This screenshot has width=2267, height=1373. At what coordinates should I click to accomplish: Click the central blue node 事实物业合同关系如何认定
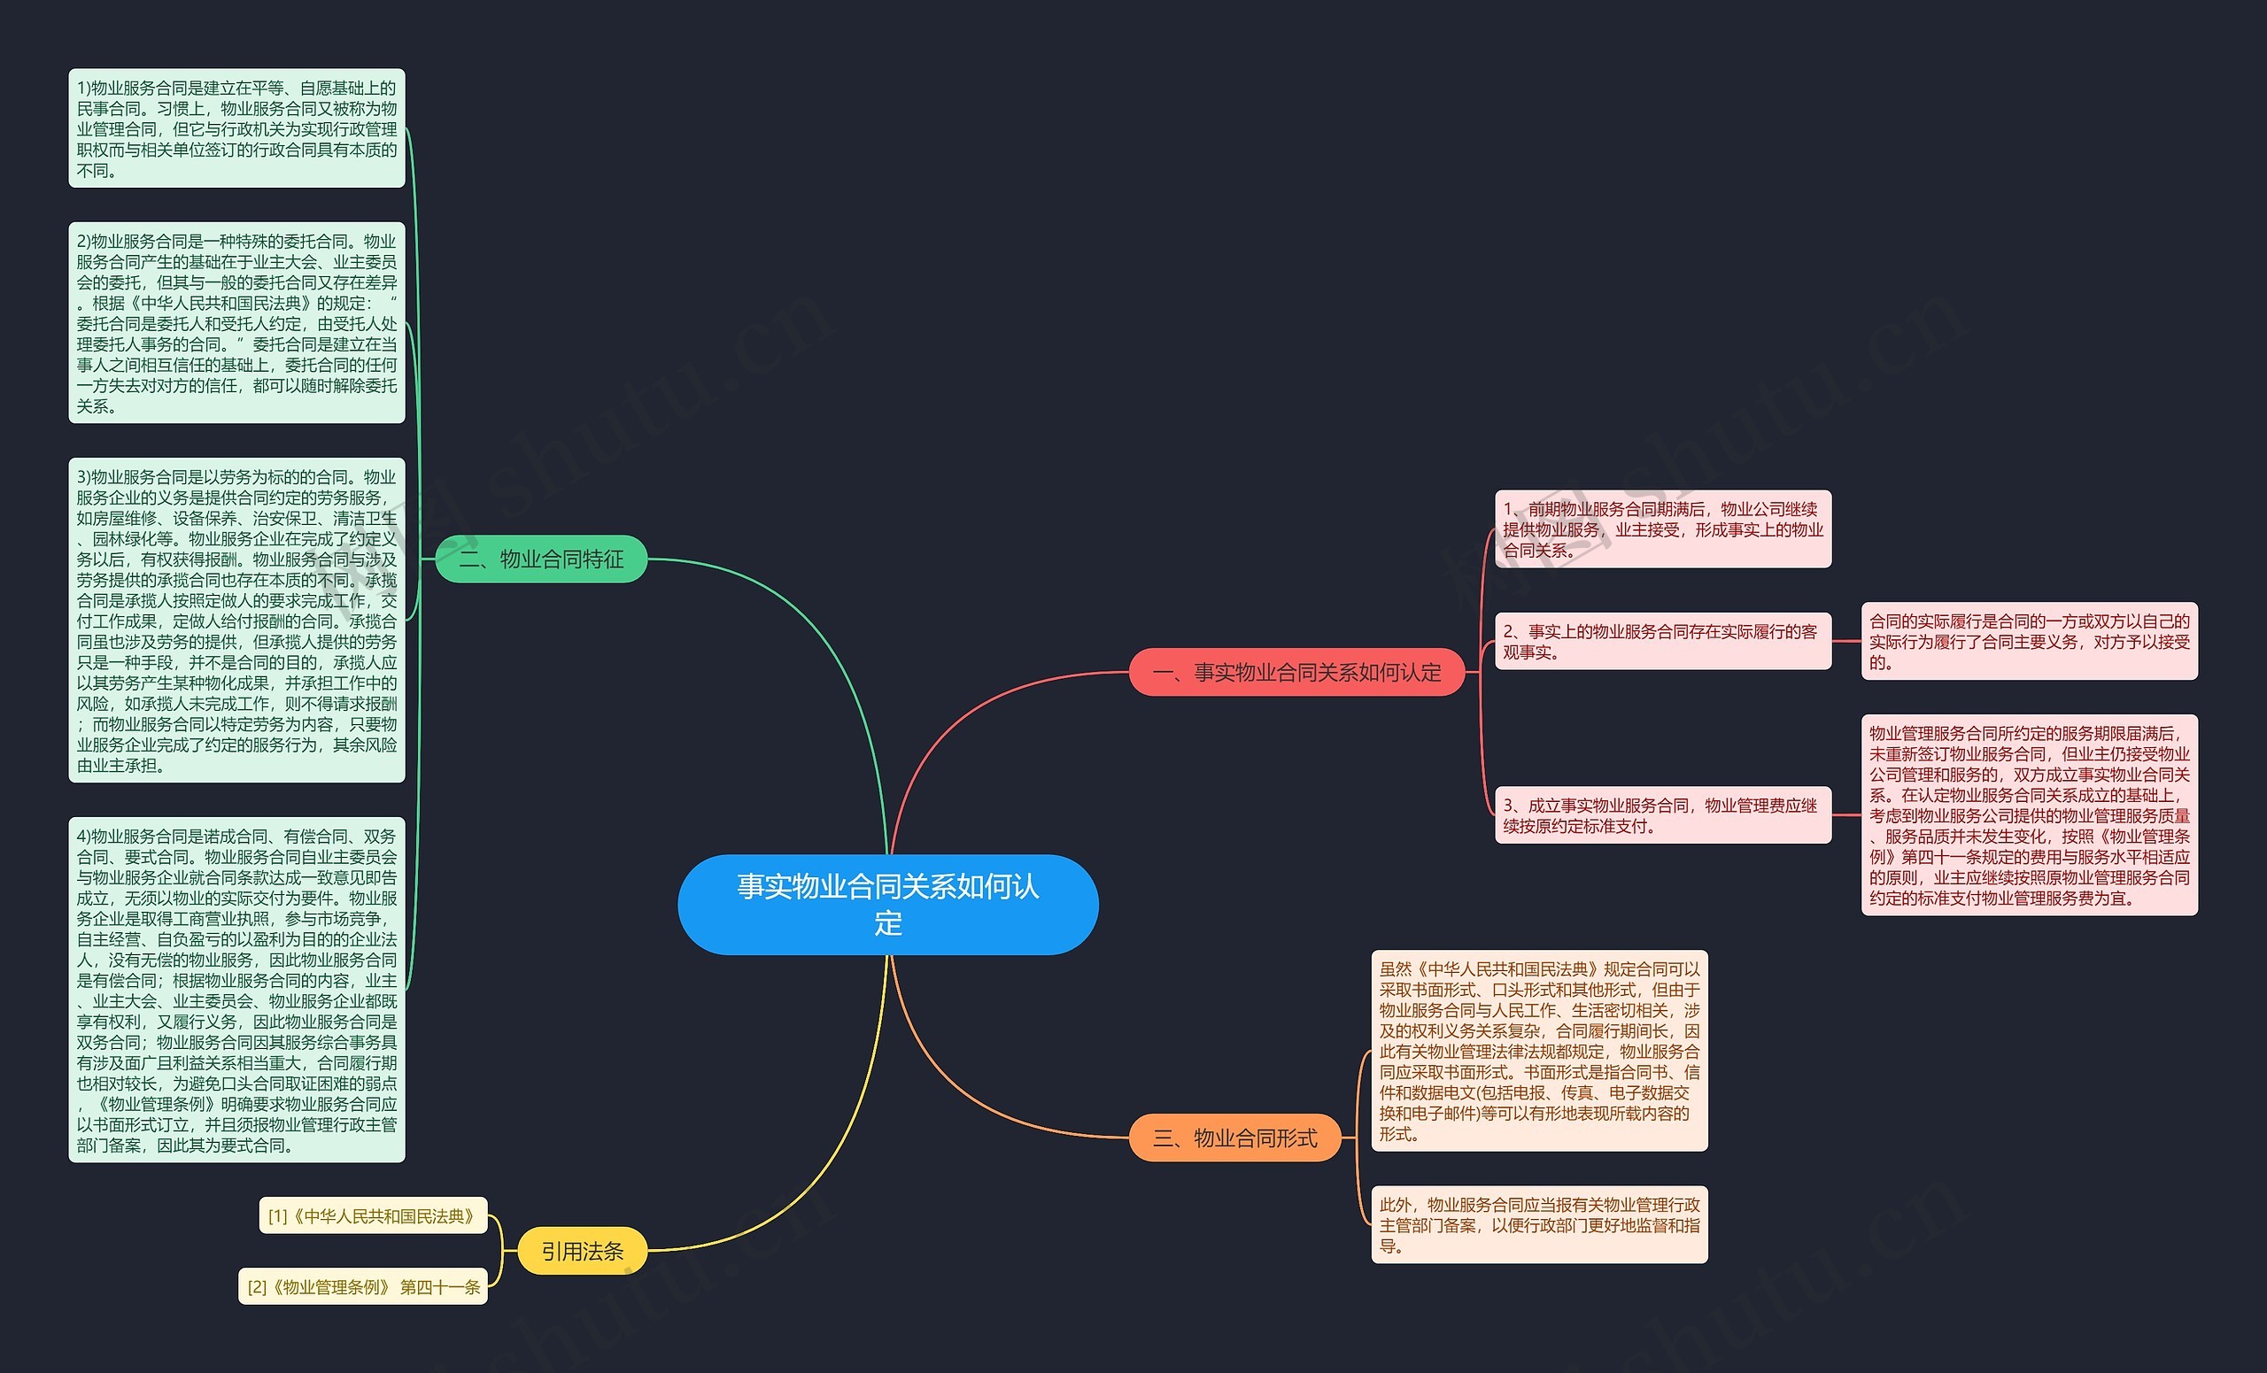point(888,904)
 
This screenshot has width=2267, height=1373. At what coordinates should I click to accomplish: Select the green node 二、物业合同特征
point(541,559)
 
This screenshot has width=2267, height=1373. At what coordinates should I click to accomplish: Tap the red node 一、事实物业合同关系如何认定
point(1296,672)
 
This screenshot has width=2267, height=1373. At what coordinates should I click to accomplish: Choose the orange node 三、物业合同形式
point(1234,1138)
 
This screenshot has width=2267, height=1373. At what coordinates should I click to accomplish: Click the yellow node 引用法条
point(582,1251)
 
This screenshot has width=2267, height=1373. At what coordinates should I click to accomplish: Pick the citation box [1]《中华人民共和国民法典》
point(373,1215)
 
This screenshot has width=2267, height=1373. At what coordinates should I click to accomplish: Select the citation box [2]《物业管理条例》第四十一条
point(363,1286)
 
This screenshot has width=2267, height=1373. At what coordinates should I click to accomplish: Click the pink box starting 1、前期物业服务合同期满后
point(1662,528)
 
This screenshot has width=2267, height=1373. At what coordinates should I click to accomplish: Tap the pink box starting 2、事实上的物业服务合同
point(1662,641)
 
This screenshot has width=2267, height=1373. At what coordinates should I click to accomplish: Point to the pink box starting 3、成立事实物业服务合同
point(1662,814)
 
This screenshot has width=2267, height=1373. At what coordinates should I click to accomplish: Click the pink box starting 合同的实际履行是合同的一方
point(2029,641)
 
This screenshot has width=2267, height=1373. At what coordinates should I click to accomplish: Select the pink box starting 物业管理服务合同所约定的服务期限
point(2029,814)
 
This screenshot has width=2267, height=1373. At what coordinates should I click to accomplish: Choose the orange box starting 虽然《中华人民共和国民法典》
point(1538,1050)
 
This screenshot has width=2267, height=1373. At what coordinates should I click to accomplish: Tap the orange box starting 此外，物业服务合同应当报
point(1538,1224)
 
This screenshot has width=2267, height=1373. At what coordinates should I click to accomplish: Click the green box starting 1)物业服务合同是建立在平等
point(236,127)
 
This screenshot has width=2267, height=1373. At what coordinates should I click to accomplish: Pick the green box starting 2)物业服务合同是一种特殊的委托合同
point(236,322)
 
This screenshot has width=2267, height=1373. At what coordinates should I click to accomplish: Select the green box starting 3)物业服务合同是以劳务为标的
point(236,620)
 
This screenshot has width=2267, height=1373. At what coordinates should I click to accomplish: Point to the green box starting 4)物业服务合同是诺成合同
point(236,990)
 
